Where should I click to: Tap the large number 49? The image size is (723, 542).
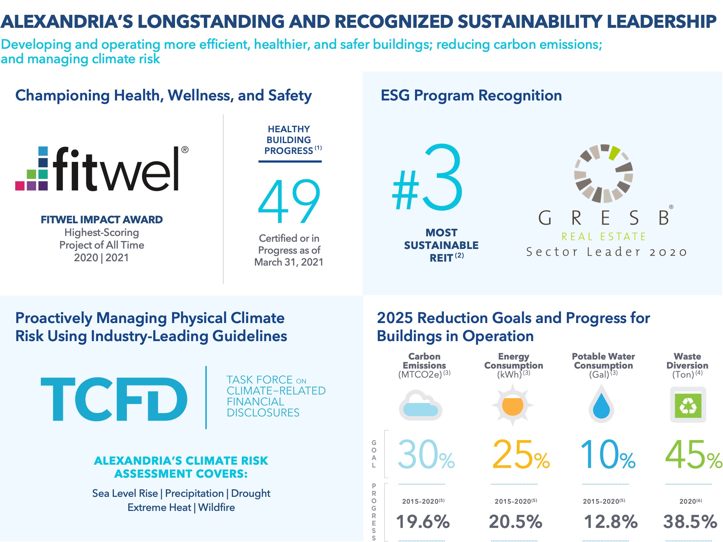pos(289,201)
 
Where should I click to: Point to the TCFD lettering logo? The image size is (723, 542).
pos(114,399)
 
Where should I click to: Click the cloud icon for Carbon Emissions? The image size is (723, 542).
pos(420,405)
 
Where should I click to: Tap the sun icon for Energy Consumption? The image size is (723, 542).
pos(513,405)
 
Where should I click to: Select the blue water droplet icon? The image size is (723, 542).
pos(601,404)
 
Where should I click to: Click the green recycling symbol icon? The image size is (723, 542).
pos(688,405)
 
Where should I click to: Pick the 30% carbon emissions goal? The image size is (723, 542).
pos(426,455)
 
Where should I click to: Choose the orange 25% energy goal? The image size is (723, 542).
pos(521,455)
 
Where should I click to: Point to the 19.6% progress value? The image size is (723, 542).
pos(423,522)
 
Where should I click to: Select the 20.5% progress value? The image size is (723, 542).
pos(516,522)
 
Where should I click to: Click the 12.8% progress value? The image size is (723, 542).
pos(611,522)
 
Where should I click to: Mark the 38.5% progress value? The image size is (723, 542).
pos(690,522)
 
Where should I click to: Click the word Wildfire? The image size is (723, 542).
pos(217,507)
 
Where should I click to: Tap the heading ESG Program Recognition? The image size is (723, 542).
pos(471,95)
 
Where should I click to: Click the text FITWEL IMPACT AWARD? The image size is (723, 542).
pos(102,220)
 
